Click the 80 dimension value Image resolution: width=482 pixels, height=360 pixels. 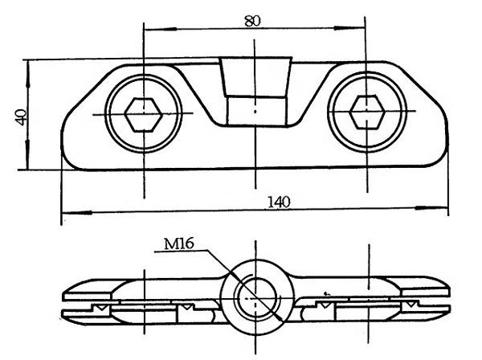coord(253,21)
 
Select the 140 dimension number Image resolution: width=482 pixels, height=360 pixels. coord(279,202)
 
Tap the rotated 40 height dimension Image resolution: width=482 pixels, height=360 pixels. coord(21,117)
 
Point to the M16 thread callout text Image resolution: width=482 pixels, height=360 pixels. coord(179,243)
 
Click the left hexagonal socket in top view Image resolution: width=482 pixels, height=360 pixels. coord(143,115)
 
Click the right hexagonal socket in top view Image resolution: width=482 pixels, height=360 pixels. coord(367,112)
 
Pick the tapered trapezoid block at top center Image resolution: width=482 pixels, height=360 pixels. coord(255,76)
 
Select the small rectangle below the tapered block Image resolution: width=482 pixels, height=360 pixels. coord(256,111)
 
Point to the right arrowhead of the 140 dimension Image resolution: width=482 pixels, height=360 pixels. coord(431,208)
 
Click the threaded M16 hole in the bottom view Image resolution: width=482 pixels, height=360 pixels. coord(256,297)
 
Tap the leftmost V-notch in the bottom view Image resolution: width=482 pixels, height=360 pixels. coord(100,307)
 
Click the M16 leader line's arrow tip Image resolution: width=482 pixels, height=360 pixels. coord(282,321)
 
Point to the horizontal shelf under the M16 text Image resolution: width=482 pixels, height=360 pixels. coord(181,252)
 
